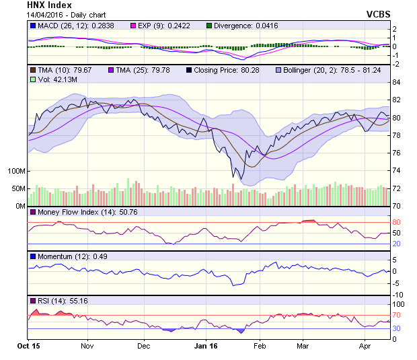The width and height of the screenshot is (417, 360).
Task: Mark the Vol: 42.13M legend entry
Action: point(54,79)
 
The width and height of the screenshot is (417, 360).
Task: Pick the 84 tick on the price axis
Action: point(397,82)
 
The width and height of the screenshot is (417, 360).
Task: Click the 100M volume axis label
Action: point(16,171)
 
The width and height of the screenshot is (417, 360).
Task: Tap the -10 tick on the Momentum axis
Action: point(398,295)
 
